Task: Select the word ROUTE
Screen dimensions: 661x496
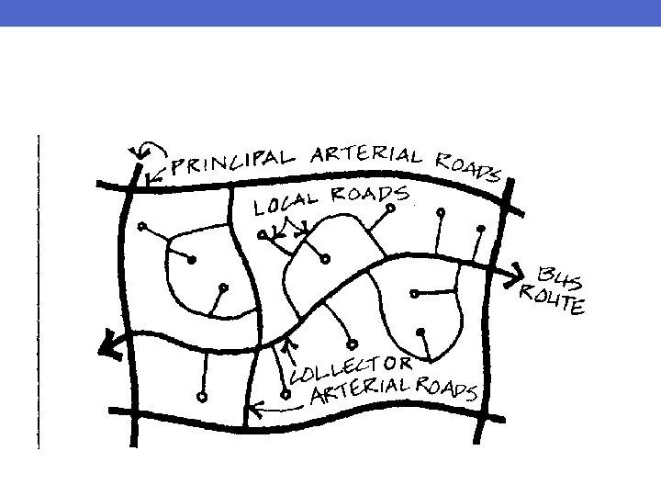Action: click(x=551, y=299)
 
